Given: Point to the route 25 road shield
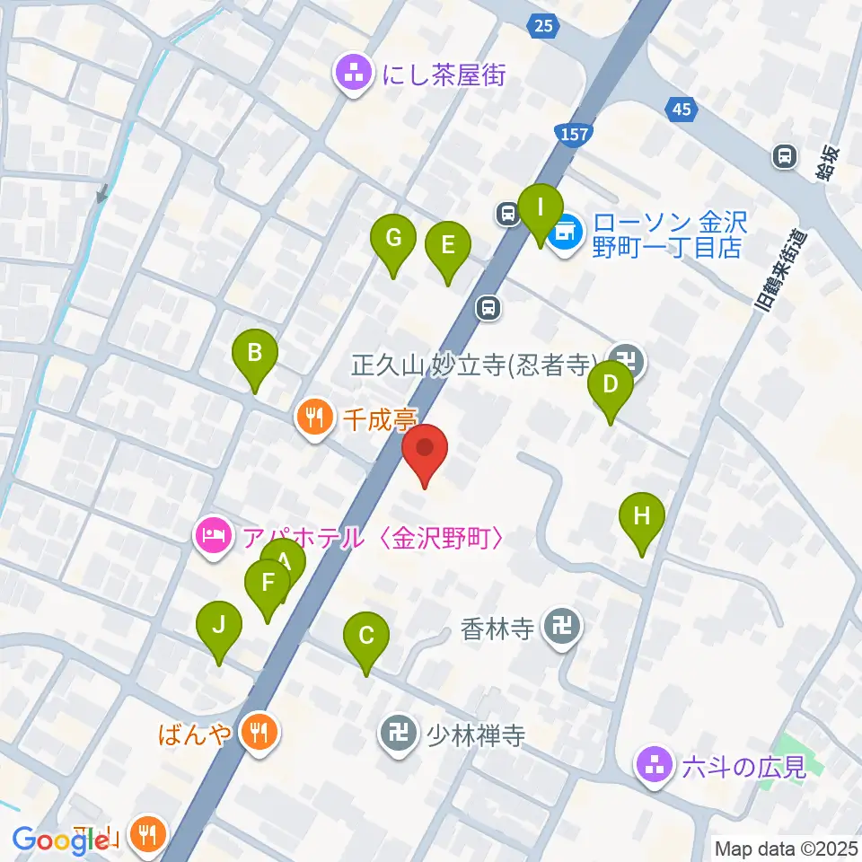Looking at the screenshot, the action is [x=542, y=26].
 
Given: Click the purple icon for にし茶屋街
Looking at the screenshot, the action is [x=354, y=74].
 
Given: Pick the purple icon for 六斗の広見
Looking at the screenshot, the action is [x=652, y=766].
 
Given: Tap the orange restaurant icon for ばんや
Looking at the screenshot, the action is [x=259, y=733].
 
